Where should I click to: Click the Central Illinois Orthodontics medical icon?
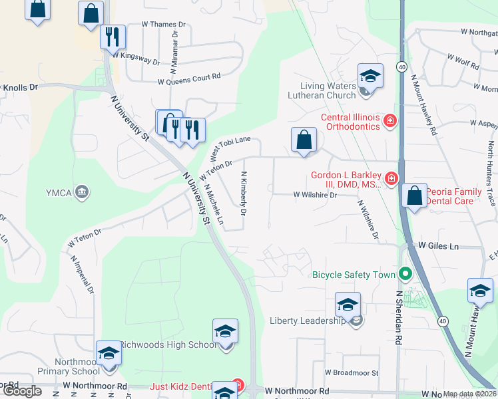pos(389,121)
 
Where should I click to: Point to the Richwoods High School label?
pos(168,344)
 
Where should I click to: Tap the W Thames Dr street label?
pos(164,24)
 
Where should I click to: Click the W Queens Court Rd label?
pos(188,78)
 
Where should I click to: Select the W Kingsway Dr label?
pos(136,58)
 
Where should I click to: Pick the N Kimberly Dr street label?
pos(244,194)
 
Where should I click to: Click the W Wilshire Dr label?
pos(316,195)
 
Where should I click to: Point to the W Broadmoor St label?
pos(352,373)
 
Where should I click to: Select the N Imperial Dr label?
pos(82,275)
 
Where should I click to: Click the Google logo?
pos(21,391)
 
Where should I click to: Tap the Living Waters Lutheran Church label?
pos(328,90)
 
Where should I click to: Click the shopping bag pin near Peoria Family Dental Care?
pos(414,196)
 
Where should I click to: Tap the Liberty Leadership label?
pos(307,321)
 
